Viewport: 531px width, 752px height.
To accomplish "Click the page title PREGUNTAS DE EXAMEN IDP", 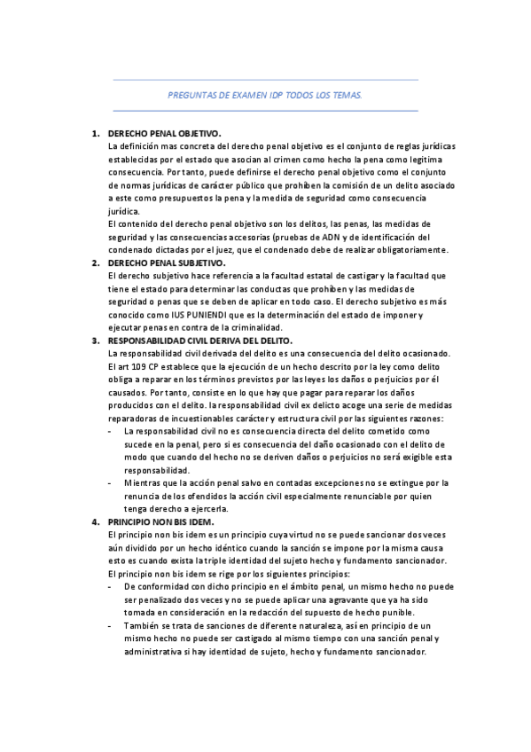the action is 265,95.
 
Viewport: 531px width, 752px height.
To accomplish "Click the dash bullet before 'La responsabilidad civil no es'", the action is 109,431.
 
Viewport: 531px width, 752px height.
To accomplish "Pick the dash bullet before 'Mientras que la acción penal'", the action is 109,483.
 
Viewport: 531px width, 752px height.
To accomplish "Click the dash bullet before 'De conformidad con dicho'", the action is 109,587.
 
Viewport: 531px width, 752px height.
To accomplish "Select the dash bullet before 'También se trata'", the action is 109,626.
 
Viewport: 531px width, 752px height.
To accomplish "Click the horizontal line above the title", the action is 265,80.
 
